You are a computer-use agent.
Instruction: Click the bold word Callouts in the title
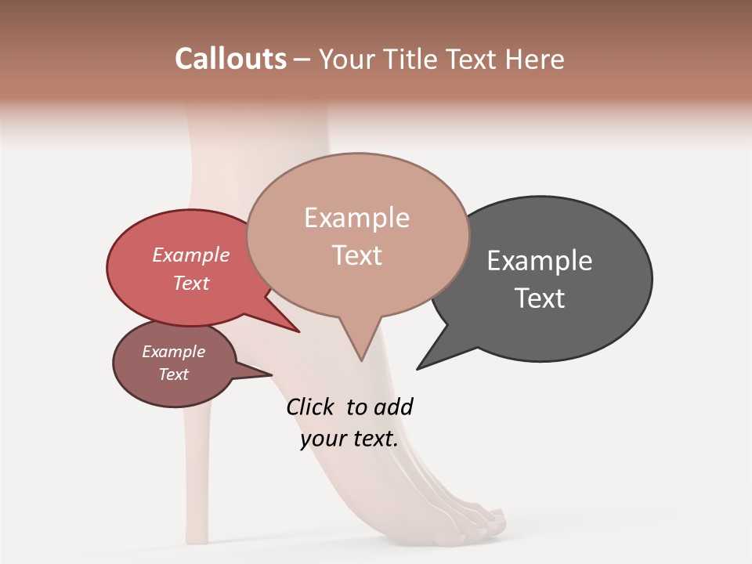point(231,59)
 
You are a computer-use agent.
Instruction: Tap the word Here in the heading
point(535,60)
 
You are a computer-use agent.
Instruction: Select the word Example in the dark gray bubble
point(540,261)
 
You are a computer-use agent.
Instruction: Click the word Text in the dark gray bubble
point(540,298)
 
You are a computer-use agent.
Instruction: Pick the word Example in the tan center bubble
point(356,218)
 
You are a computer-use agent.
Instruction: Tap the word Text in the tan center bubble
point(357,255)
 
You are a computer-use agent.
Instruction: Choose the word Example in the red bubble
point(191,255)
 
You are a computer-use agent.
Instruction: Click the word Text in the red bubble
point(191,283)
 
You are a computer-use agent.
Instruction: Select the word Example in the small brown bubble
point(174,352)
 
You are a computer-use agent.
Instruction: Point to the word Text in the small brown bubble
point(174,374)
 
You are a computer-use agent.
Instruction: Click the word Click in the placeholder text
point(310,407)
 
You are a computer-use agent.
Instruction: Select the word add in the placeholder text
point(393,407)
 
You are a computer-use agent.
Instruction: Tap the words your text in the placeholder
point(349,439)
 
